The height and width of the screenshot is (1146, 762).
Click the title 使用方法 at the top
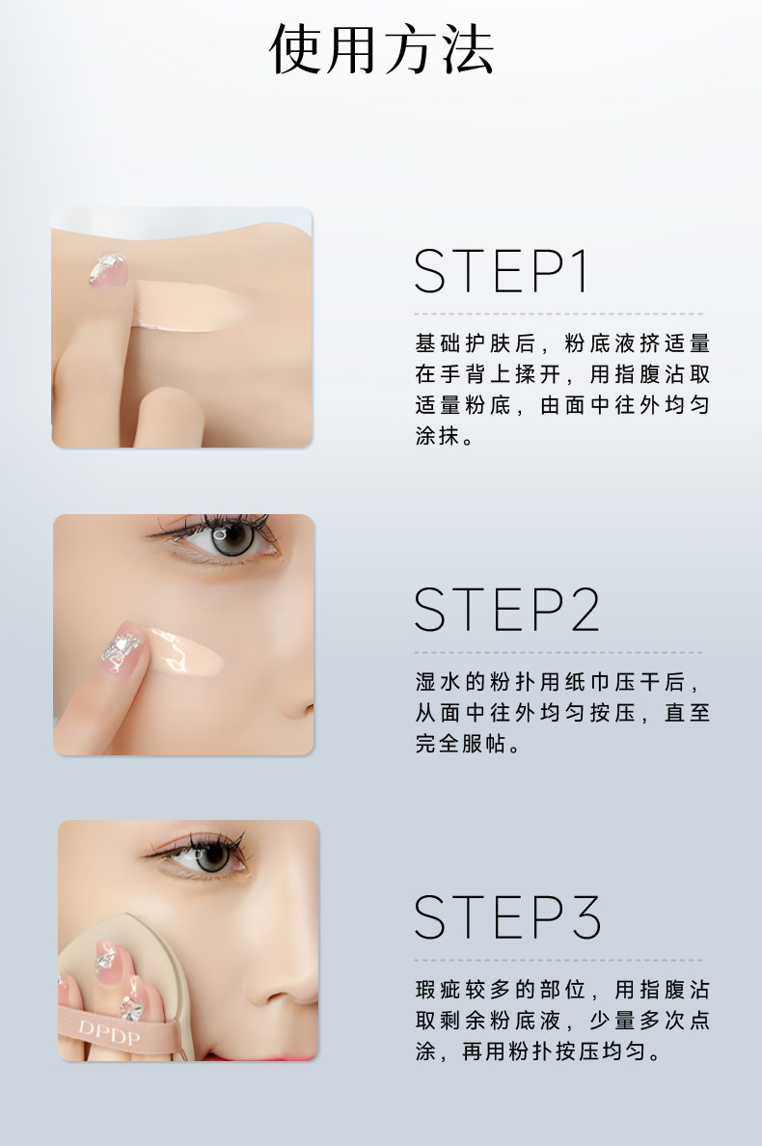pyautogui.click(x=381, y=50)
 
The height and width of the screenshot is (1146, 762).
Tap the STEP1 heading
pyautogui.click(x=502, y=271)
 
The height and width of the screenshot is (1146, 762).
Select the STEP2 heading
pyautogui.click(x=507, y=609)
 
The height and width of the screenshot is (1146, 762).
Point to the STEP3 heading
pyautogui.click(x=507, y=916)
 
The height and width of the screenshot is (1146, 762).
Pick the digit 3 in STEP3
pyautogui.click(x=585, y=916)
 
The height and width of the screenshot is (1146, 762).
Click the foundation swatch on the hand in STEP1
pyautogui.click(x=191, y=304)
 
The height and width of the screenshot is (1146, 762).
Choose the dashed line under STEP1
pyautogui.click(x=558, y=314)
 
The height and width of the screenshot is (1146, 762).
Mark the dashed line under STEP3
pyautogui.click(x=558, y=960)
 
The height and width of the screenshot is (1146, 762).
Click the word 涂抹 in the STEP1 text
pyautogui.click(x=437, y=435)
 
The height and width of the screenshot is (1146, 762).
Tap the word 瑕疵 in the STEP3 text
pyautogui.click(x=437, y=990)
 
